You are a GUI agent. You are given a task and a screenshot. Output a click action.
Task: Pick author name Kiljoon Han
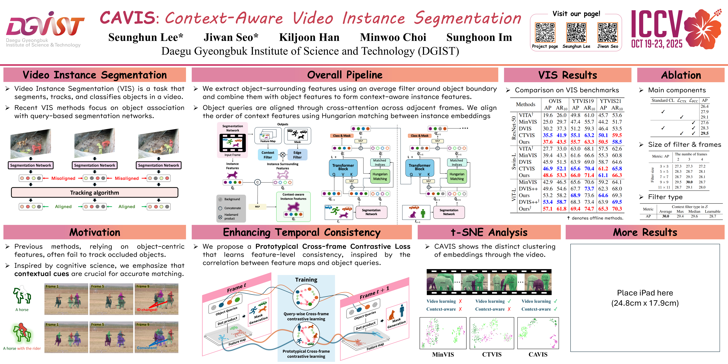[x=309, y=37]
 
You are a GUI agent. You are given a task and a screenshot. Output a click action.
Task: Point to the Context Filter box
[x=268, y=155]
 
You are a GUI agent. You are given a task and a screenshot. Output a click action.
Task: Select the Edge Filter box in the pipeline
[x=297, y=155]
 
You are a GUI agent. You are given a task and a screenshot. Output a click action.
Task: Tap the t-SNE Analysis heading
[x=489, y=232]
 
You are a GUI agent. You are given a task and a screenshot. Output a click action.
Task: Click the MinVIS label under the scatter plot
[x=443, y=354]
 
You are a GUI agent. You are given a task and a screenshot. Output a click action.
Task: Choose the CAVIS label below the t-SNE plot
[x=538, y=354]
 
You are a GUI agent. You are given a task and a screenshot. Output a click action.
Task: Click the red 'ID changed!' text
[x=147, y=310]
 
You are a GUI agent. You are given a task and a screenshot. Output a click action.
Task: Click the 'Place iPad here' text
[x=645, y=293]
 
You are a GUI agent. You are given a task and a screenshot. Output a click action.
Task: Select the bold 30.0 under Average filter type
[x=666, y=216]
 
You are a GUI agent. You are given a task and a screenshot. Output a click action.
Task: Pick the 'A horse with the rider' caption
[x=22, y=349]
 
